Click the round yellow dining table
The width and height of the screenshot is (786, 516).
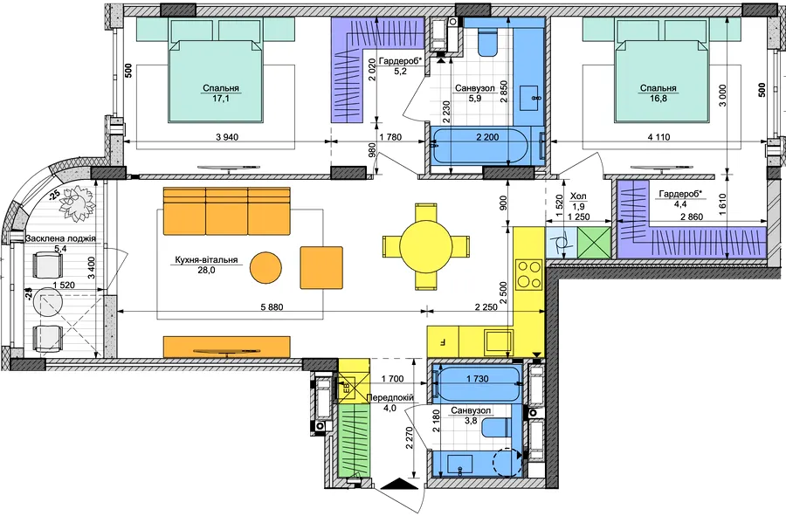point(425,245)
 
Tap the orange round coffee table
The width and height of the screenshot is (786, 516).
point(265,267)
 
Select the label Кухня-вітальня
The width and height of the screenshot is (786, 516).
point(206,260)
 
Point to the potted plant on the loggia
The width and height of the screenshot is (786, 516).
point(77,202)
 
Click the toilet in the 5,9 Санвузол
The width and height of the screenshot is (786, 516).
point(486,41)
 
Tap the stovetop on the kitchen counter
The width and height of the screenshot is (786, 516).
point(529,274)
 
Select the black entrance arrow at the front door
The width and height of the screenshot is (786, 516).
point(396,484)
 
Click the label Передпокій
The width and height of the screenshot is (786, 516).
point(390,398)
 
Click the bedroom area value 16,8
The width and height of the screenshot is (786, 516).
point(658,98)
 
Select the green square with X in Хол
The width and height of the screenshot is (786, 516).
point(594,243)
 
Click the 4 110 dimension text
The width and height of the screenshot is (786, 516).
point(658,137)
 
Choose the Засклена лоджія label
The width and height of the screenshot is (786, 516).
point(60,239)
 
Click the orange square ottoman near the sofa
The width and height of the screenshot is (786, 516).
point(321,267)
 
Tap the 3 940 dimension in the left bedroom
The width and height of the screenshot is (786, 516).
point(226,137)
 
